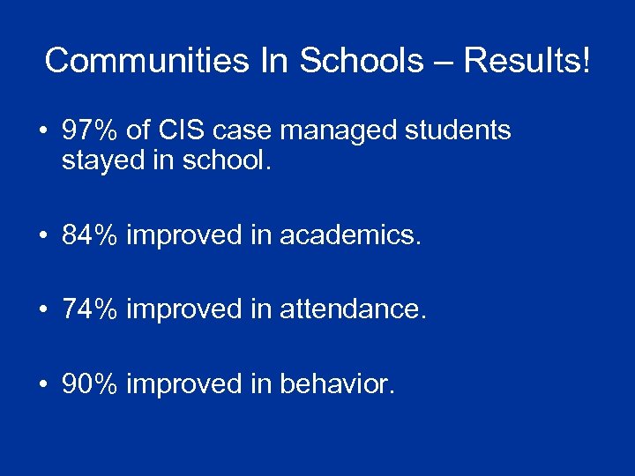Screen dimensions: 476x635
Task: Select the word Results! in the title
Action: (x=527, y=61)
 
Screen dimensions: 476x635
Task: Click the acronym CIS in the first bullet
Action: (x=180, y=131)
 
